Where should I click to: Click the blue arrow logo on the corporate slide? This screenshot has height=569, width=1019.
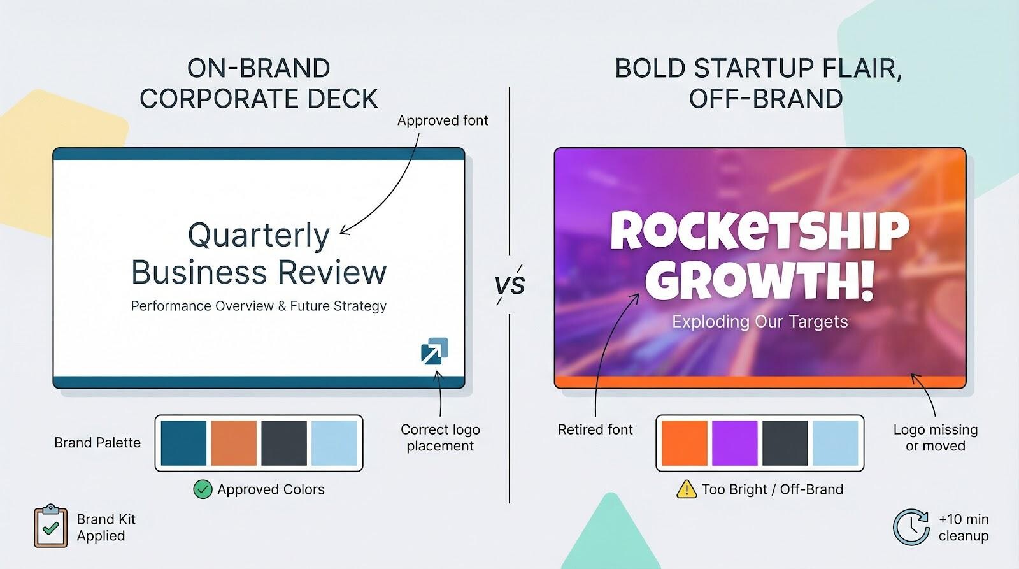coord(434,351)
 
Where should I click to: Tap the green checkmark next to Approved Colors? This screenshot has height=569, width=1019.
coord(203,489)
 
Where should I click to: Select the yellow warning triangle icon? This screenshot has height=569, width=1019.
coord(686,489)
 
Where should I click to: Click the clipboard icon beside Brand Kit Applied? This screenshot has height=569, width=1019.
coord(50,526)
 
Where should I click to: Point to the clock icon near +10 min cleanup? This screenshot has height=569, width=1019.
coord(911,527)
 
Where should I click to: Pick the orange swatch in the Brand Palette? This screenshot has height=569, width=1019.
coord(234,443)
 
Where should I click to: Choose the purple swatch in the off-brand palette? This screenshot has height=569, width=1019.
coord(735,443)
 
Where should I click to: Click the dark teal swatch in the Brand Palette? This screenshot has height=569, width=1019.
coord(183,443)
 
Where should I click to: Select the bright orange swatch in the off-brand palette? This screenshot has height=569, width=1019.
coord(685,443)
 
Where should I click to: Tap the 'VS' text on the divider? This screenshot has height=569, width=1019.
coord(509,284)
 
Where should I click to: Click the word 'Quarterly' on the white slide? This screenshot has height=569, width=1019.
coord(259,235)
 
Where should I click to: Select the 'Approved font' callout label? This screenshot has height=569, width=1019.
coord(443,120)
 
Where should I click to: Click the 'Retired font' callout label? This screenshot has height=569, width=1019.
coord(595,429)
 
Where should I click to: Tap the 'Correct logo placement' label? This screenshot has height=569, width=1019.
coord(440,438)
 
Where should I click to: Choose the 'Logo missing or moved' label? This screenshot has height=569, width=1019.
coord(935,438)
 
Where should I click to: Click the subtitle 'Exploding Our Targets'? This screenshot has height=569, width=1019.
coord(760,321)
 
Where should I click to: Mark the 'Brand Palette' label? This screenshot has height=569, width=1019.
coord(97,443)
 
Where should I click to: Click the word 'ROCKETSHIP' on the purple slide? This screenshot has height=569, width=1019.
coord(760,231)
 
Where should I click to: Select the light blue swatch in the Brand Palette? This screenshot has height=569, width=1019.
coord(334,443)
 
